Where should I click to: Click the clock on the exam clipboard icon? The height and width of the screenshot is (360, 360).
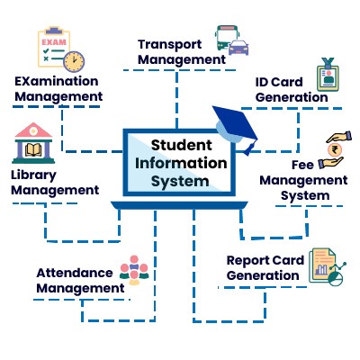tap(74, 62)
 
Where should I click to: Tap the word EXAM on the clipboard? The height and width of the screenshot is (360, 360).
tap(54, 42)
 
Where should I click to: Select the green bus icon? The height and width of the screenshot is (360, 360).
tap(226, 37)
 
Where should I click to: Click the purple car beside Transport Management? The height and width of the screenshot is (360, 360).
tap(238, 48)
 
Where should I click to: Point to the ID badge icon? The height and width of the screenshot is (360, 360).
tap(328, 75)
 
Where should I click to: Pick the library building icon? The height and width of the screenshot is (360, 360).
tap(33, 143)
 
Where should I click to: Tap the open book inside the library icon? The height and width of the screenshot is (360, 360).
tap(33, 149)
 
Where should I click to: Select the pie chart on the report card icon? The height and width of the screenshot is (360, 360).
tap(336, 279)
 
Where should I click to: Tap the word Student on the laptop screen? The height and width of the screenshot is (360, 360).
tap(182, 145)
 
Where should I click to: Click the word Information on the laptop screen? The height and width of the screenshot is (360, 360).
tap(181, 163)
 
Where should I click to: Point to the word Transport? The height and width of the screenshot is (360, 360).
tap(170, 45)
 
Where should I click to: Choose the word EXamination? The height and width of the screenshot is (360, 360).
tap(57, 81)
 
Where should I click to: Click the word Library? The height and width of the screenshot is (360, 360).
tap(33, 175)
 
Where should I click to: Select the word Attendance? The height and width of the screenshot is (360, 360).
tap(75, 273)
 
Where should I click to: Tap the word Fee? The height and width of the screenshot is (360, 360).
tap(302, 165)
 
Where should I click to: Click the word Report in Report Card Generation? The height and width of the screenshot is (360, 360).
tap(248, 260)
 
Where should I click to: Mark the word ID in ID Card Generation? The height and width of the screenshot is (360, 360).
tap(262, 82)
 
